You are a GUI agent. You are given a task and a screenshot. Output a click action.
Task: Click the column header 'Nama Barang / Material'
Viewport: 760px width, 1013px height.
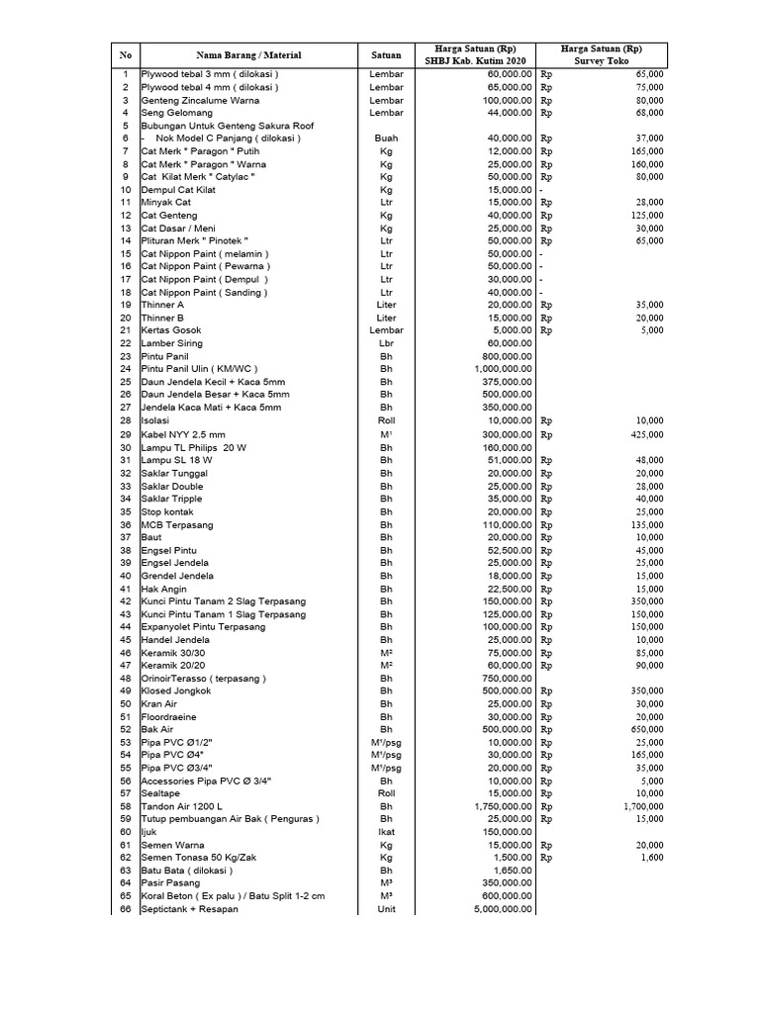click(x=248, y=54)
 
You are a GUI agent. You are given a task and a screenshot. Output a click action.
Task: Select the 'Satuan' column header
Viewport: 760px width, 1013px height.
click(x=386, y=54)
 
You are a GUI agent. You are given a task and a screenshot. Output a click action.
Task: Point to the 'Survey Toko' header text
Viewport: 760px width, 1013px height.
click(x=602, y=61)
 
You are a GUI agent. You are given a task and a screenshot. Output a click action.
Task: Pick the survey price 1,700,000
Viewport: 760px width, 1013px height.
click(x=641, y=806)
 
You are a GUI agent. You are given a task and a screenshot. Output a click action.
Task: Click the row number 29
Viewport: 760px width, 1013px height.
click(x=126, y=434)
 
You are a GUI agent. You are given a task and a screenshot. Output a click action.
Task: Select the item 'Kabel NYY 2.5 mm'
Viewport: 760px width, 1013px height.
click(x=183, y=434)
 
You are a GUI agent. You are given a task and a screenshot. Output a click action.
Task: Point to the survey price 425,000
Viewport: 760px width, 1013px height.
click(x=647, y=434)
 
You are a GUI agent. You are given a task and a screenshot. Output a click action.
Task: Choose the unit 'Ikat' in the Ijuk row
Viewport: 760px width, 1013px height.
click(x=386, y=832)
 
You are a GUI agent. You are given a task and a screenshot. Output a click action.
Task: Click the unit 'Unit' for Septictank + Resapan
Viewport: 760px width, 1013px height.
click(x=386, y=909)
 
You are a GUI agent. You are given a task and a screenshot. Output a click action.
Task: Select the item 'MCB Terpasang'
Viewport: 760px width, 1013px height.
click(x=176, y=524)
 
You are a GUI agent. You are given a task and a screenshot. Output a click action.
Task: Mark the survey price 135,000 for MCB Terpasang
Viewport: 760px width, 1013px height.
click(x=647, y=524)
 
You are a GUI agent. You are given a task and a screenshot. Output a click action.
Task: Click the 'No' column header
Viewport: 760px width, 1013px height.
click(x=126, y=54)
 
